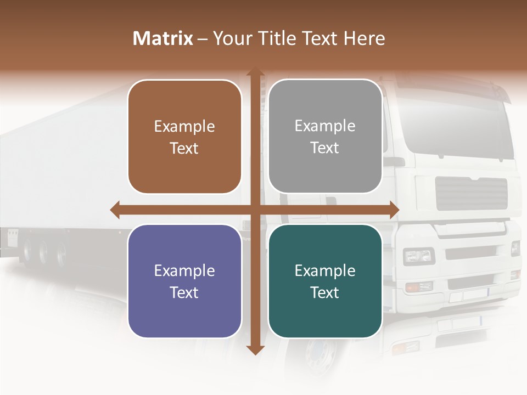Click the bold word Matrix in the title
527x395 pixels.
click(x=162, y=38)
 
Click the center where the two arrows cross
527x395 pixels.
click(x=255, y=210)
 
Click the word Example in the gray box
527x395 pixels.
click(x=325, y=126)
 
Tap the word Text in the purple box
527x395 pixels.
click(x=184, y=292)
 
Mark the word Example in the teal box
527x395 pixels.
click(x=325, y=270)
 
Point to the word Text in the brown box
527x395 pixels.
click(x=184, y=149)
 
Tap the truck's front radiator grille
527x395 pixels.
click(x=471, y=194)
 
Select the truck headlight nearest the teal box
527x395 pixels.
click(x=418, y=256)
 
